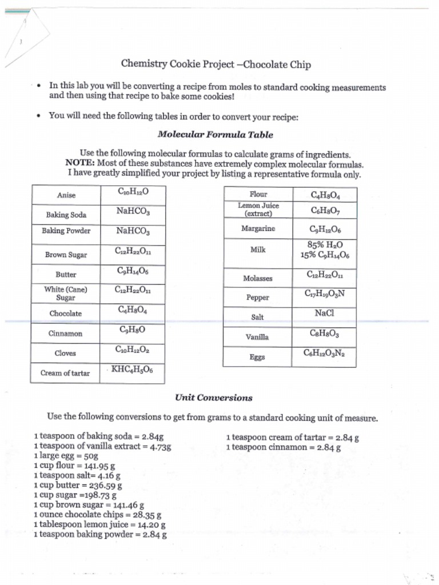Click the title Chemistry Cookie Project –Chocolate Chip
[x=215, y=65]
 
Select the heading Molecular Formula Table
[x=215, y=135]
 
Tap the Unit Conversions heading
[x=214, y=398]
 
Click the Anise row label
[x=66, y=195]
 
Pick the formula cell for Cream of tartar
[x=132, y=370]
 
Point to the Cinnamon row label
[x=65, y=334]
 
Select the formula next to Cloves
[x=132, y=350]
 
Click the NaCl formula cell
[x=324, y=313]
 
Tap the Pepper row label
[x=257, y=298]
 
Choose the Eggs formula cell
[x=324, y=353]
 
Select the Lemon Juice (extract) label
[x=258, y=210]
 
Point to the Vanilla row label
[x=257, y=337]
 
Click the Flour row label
[x=258, y=194]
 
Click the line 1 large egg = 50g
[x=66, y=456]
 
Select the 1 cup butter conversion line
[x=78, y=486]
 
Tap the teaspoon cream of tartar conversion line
[x=293, y=438]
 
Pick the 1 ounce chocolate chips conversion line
[x=97, y=515]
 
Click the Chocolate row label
[x=65, y=314]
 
